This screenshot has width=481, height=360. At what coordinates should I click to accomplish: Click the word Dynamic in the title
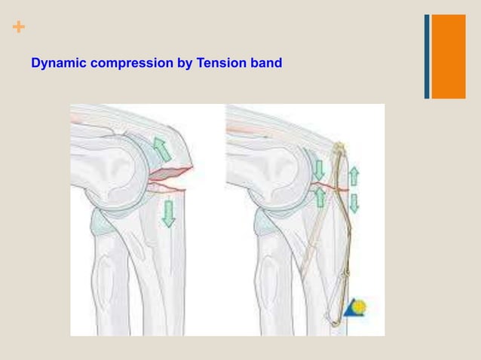[59, 63]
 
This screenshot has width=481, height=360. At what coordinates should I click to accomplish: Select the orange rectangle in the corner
[448, 56]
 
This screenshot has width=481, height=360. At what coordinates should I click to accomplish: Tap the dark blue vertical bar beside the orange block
[427, 56]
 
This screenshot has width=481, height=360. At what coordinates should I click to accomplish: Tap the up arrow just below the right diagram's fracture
[320, 197]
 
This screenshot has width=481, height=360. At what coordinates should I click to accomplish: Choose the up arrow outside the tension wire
[354, 177]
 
